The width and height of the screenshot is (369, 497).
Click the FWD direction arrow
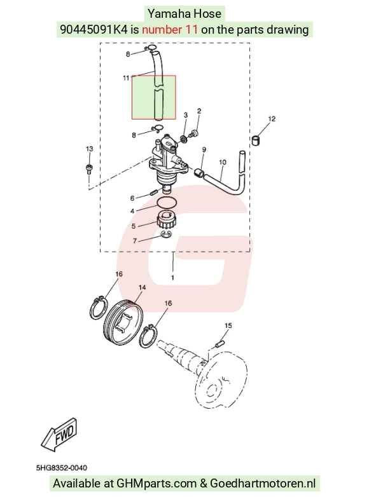click(59, 435)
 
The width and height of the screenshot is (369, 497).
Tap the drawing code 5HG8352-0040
click(62, 468)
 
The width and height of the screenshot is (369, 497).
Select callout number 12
click(272, 119)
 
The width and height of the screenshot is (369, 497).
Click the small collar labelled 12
click(256, 140)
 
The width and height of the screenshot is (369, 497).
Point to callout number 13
click(90, 149)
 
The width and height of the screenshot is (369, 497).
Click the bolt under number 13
click(89, 168)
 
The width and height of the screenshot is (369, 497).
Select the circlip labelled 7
click(166, 235)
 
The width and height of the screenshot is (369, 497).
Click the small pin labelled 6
click(153, 192)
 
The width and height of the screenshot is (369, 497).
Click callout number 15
click(228, 325)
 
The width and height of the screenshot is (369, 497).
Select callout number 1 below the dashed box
click(172, 278)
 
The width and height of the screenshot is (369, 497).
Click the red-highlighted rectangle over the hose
click(154, 97)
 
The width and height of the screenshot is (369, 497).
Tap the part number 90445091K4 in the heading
click(94, 29)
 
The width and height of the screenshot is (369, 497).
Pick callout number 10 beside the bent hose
click(223, 162)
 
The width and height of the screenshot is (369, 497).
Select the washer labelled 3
click(183, 139)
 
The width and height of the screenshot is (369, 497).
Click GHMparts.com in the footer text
click(157, 484)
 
